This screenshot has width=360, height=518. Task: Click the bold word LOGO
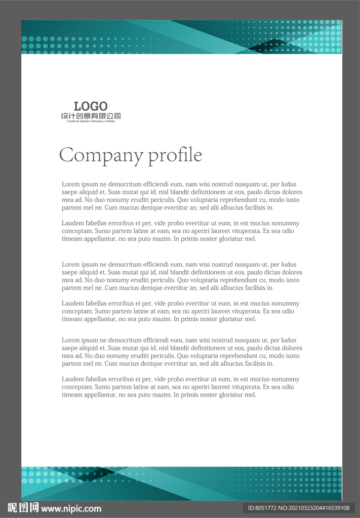click(91, 106)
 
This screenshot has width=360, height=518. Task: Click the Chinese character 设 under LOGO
click(64, 116)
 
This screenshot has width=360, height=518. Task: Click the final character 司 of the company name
click(117, 116)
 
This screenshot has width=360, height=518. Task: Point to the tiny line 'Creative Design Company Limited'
click(91, 121)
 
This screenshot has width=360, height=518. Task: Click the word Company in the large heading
click(101, 155)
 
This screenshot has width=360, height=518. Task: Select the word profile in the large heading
click(175, 155)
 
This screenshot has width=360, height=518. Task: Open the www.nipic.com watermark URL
click(71, 509)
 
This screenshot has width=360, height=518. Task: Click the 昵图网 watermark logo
click(23, 508)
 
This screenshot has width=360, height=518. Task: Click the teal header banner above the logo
click(181, 37)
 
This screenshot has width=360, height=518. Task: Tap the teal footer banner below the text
click(181, 483)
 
